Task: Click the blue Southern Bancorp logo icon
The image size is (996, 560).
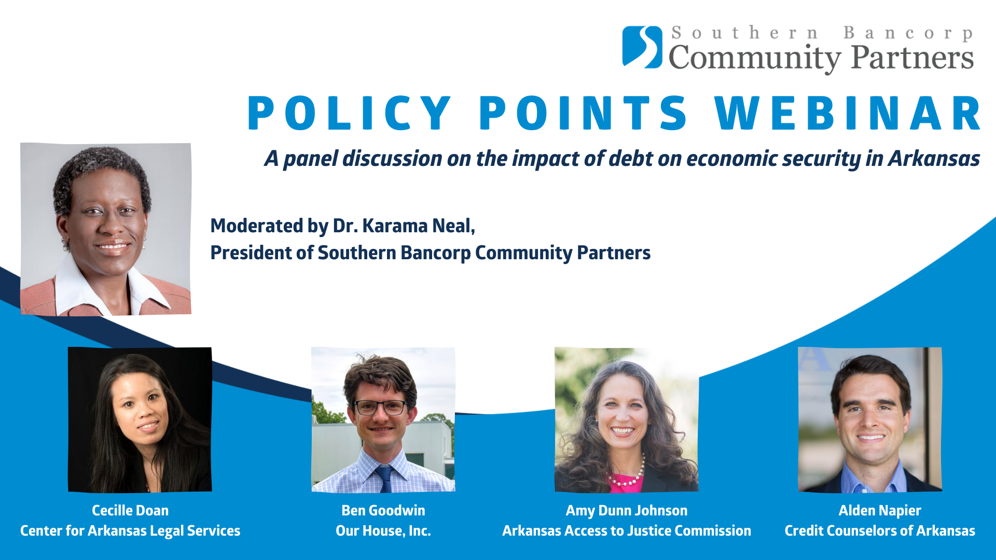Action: point(642,47)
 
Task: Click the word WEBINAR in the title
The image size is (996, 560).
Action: point(848,114)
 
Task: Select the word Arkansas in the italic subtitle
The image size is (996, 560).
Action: point(934,159)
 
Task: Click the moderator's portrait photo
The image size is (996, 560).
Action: point(106,229)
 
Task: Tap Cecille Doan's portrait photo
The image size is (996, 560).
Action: point(140,419)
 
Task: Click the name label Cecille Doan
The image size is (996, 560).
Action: point(130,511)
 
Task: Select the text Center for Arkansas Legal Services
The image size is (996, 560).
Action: point(130,531)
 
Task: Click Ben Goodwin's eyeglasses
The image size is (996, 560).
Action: point(380,408)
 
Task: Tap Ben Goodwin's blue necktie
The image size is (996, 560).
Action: point(384,479)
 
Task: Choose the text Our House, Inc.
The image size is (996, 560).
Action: point(383,531)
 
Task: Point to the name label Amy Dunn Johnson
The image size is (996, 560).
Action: point(627,511)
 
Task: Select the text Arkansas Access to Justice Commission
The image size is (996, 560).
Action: point(627,531)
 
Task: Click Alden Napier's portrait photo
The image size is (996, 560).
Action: point(870,419)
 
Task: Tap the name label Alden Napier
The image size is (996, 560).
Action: point(880,511)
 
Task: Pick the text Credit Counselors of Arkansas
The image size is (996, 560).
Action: point(880,531)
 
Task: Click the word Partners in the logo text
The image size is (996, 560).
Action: point(912,57)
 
